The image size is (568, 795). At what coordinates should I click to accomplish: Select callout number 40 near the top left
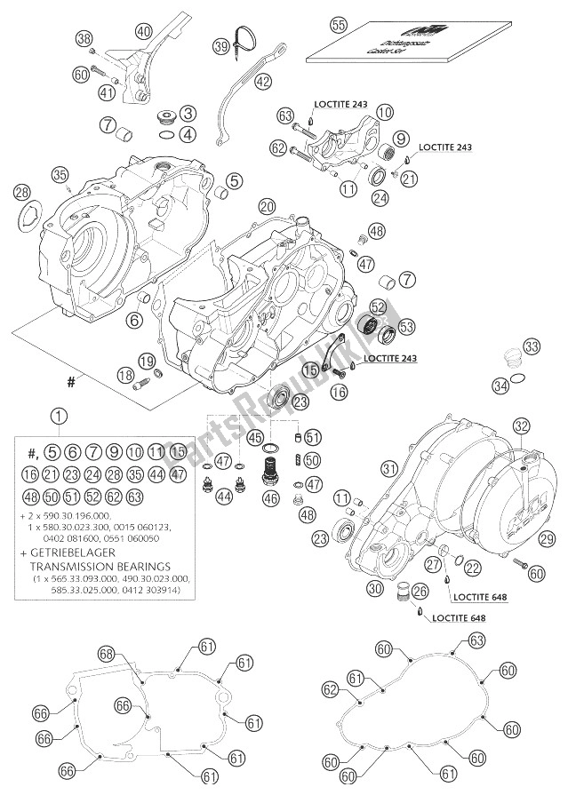[x=143, y=31]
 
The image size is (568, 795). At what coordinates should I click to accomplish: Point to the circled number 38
[x=83, y=39]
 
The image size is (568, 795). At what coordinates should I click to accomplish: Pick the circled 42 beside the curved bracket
[x=262, y=81]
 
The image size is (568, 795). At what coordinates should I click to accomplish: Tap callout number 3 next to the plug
[x=188, y=113]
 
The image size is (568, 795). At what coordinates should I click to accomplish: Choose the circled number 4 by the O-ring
[x=188, y=135]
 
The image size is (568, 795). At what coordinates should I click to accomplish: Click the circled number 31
[x=388, y=468]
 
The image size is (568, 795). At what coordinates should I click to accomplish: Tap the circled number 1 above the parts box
[x=58, y=415]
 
